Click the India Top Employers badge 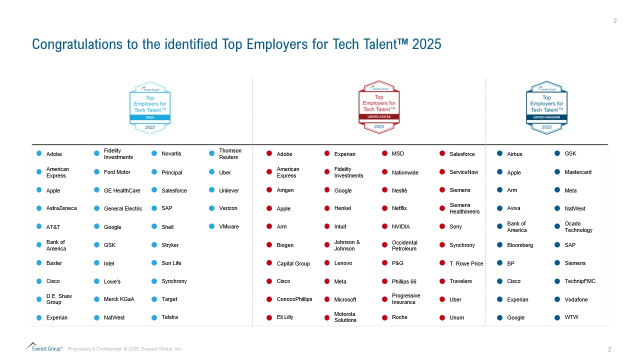pos(150,107)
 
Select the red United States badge pos(379,107)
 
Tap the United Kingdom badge pos(546,107)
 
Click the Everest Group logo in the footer pos(44,346)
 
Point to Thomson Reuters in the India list pos(230,154)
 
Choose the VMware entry pos(229,226)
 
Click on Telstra pos(169,317)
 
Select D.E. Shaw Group pos(59,299)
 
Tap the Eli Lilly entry pos(285,317)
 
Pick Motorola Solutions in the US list pos(345,317)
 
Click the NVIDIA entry pos(400,226)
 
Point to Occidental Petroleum pos(404,245)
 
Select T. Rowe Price pos(466,263)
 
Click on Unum pos(456,317)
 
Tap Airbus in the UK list pos(514,154)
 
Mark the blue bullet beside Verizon pos(212,208)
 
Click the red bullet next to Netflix pos(385,208)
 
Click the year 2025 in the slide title pos(427,44)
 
